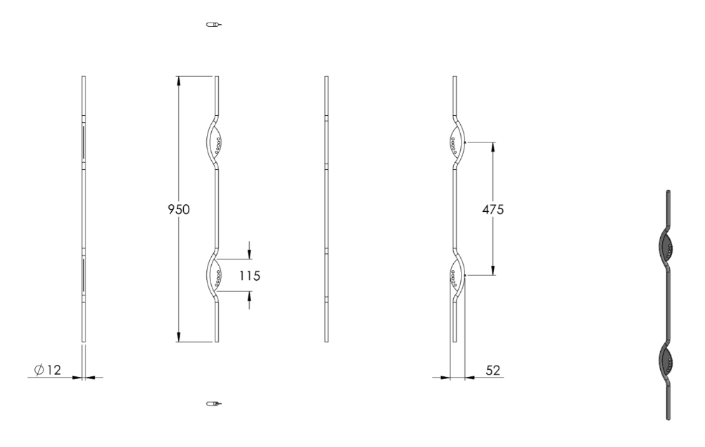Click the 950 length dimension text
pos(178,209)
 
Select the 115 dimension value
pos(250,276)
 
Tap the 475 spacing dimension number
pos(492,209)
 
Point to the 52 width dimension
pos(492,370)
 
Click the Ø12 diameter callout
pos(48,370)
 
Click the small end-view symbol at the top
pos(214,25)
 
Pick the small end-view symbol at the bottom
pos(214,403)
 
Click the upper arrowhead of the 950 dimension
pos(178,81)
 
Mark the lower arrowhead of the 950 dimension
pos(178,337)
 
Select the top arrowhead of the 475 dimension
pos(492,147)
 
